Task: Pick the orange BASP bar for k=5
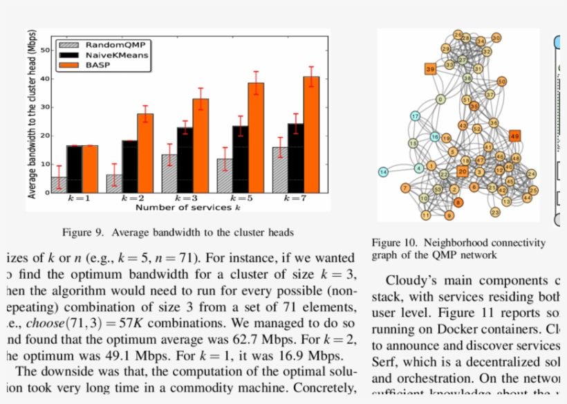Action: coord(256,137)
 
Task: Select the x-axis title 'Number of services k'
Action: coord(187,207)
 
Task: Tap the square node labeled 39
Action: coord(430,69)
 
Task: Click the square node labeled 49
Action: coord(514,136)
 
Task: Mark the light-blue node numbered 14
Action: coord(383,172)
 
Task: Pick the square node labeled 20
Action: coord(463,171)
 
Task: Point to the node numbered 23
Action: coord(494,212)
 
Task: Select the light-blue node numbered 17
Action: coord(415,116)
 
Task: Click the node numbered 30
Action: coord(496,38)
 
